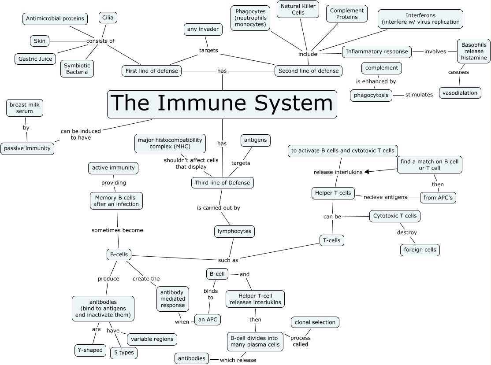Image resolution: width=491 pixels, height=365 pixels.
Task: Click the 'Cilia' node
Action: coord(108,18)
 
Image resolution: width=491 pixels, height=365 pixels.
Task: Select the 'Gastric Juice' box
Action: coord(35,59)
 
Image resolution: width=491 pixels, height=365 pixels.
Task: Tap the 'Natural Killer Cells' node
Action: coord(298,9)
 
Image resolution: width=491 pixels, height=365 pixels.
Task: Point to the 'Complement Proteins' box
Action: coord(346,14)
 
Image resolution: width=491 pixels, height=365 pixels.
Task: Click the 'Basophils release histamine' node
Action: coord(474,51)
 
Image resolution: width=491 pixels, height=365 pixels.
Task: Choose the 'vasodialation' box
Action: coord(460,93)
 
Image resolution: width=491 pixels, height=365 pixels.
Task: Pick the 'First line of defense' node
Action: coord(152,70)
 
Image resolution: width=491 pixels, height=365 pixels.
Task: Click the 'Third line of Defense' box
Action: coord(222,183)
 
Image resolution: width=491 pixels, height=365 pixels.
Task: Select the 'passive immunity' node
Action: coord(27,148)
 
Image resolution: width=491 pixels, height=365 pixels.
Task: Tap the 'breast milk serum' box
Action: coord(25,108)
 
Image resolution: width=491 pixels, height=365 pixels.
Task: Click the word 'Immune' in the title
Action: coord(209,103)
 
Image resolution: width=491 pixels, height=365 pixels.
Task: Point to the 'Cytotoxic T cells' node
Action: coord(394,216)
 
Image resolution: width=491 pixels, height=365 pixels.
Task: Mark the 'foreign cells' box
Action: coord(420,250)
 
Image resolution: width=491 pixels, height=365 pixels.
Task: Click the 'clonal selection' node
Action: coord(315,322)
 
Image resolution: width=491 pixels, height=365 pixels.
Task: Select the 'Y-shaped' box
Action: coord(90,350)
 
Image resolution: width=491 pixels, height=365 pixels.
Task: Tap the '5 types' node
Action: coord(123,353)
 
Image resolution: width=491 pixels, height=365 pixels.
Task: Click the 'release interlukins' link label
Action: coord(338,172)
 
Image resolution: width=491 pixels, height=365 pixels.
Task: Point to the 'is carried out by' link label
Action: coord(218,208)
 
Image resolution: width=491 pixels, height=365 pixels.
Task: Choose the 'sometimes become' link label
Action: coord(117,230)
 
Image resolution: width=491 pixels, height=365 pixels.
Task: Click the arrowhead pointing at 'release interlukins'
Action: coord(366,172)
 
